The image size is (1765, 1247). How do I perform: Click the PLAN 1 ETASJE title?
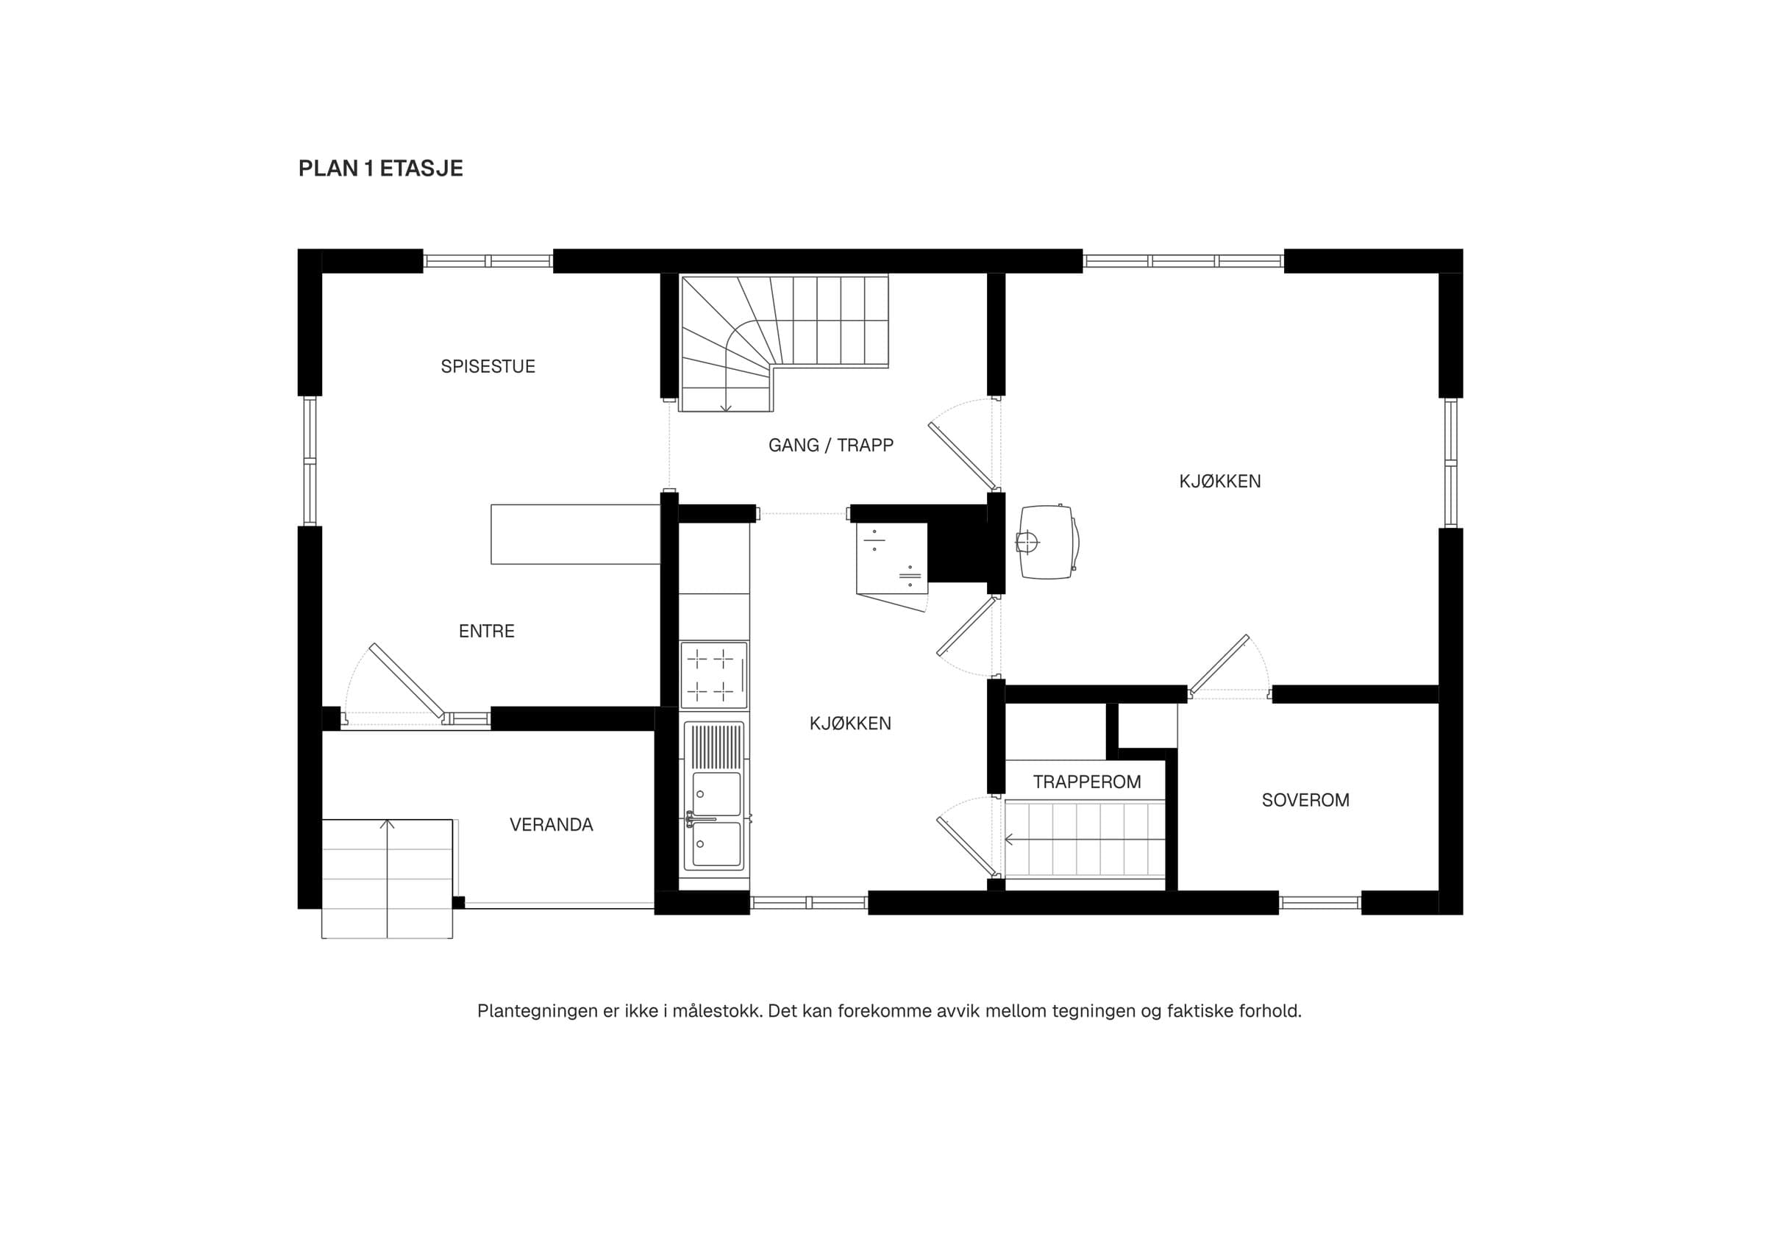380,169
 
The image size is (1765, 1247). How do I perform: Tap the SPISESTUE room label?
488,366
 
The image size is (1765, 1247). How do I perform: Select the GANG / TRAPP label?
831,445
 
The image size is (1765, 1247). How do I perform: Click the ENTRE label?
487,631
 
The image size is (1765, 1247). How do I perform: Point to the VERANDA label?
551,824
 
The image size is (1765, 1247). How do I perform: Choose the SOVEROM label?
1305,800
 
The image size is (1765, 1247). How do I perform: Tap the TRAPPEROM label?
1087,782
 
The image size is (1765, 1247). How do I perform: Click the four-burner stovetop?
713,674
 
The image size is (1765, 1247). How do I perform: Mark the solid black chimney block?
957,551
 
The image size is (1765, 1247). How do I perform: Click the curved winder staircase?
784,343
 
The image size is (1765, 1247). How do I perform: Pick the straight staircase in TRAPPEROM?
1085,839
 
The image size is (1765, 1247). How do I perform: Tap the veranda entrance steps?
388,879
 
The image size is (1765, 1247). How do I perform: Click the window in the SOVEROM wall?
1320,903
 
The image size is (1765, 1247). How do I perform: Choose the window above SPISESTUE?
488,261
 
